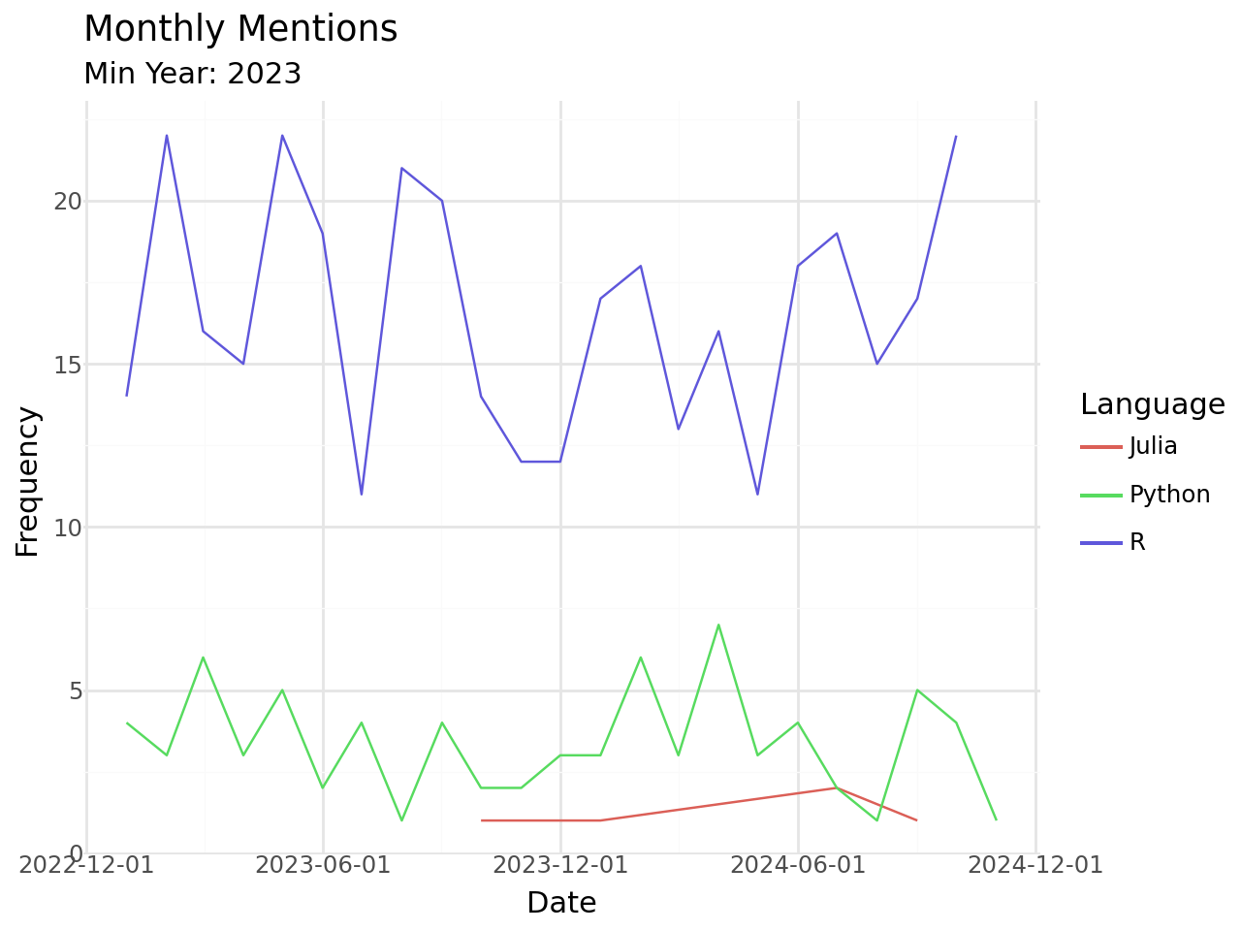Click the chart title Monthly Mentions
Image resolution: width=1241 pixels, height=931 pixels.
pyautogui.click(x=240, y=29)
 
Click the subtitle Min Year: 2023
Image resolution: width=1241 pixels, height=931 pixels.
pyautogui.click(x=193, y=74)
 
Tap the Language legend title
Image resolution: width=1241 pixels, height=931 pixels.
pyautogui.click(x=1152, y=404)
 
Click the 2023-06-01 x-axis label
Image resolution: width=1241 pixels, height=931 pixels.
pyautogui.click(x=323, y=864)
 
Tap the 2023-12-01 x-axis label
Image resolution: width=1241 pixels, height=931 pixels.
pyautogui.click(x=560, y=864)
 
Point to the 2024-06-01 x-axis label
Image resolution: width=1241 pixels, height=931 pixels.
pyautogui.click(x=798, y=864)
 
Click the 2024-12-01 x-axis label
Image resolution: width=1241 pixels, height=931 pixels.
pyautogui.click(x=1035, y=864)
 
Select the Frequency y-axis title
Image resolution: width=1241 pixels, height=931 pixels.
pyautogui.click(x=29, y=482)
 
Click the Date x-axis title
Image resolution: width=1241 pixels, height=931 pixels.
pyautogui.click(x=561, y=904)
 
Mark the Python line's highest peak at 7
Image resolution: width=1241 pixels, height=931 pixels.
pyautogui.click(x=718, y=626)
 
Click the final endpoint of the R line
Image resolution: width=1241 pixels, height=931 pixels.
pyautogui.click(x=956, y=137)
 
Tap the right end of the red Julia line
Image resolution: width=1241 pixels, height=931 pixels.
pyautogui.click(x=916, y=820)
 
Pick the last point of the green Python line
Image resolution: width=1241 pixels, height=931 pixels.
pyautogui.click(x=997, y=820)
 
